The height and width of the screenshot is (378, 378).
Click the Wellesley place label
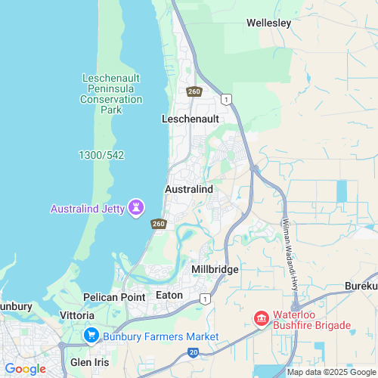click(x=268, y=23)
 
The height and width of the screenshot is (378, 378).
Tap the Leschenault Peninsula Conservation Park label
click(x=111, y=94)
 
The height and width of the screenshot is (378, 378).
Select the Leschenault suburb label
click(x=190, y=119)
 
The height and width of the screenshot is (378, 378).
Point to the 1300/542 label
click(x=101, y=155)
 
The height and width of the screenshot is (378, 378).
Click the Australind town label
click(x=189, y=188)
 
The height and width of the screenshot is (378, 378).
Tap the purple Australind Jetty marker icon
click(x=136, y=206)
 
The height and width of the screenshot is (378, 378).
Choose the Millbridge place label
click(x=215, y=269)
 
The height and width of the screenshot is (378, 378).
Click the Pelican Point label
click(x=115, y=297)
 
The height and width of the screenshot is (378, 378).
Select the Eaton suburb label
click(x=169, y=295)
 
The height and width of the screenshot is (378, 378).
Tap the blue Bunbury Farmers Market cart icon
click(x=92, y=335)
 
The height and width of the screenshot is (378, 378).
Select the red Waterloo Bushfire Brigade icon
click(x=262, y=319)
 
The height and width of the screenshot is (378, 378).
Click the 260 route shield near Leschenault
click(x=194, y=91)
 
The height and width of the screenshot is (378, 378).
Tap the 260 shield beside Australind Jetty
click(x=158, y=224)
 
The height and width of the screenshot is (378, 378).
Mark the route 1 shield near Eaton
click(x=204, y=299)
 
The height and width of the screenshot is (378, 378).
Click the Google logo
click(x=25, y=368)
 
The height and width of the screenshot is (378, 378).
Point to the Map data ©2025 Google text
click(x=330, y=372)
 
